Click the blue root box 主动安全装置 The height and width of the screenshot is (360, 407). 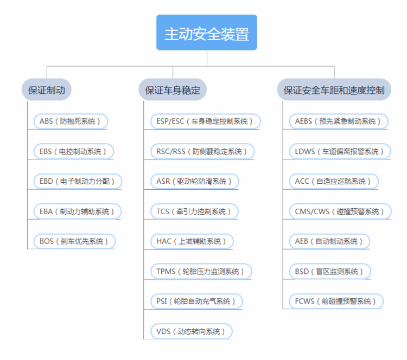[x=207, y=33]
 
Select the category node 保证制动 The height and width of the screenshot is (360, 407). [x=47, y=90]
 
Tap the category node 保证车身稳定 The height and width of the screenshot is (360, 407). [x=173, y=90]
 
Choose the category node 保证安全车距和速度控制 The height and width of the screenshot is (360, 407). [x=334, y=90]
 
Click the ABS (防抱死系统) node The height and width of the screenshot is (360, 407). [x=71, y=121]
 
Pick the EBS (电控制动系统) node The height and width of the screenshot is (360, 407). [x=74, y=151]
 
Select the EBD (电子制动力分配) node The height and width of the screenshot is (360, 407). [x=78, y=181]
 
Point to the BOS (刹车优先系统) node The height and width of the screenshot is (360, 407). [x=74, y=241]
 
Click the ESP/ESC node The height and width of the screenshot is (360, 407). [x=205, y=121]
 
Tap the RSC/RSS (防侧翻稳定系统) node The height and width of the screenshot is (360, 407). [x=202, y=151]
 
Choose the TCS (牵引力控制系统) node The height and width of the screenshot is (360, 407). [x=194, y=211]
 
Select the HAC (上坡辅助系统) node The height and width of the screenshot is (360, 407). [x=192, y=241]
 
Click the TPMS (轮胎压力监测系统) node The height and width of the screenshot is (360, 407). [x=201, y=271]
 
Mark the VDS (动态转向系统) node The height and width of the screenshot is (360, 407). [x=192, y=331]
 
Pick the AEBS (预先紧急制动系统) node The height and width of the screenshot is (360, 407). [x=339, y=121]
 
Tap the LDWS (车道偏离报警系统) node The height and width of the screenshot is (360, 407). [x=340, y=151]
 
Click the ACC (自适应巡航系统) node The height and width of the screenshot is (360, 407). [x=334, y=181]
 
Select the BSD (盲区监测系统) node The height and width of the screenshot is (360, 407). [x=330, y=271]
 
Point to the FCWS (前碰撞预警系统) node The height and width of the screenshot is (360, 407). [x=336, y=301]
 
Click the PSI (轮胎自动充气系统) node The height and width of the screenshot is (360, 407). [x=196, y=301]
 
